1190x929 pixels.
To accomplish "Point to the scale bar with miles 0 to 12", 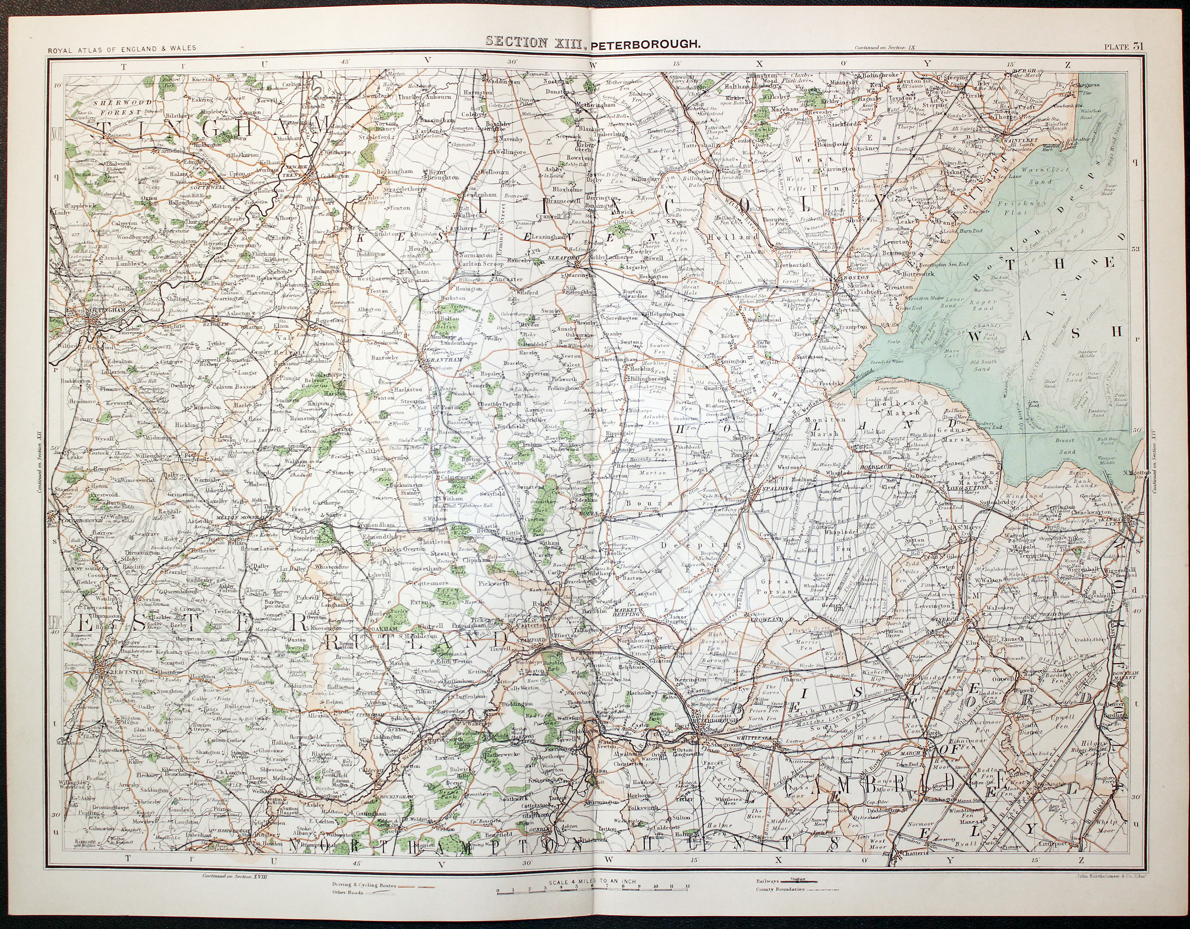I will pyautogui.click(x=593, y=902).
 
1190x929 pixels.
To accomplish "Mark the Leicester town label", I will pyautogui.click(x=113, y=672).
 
